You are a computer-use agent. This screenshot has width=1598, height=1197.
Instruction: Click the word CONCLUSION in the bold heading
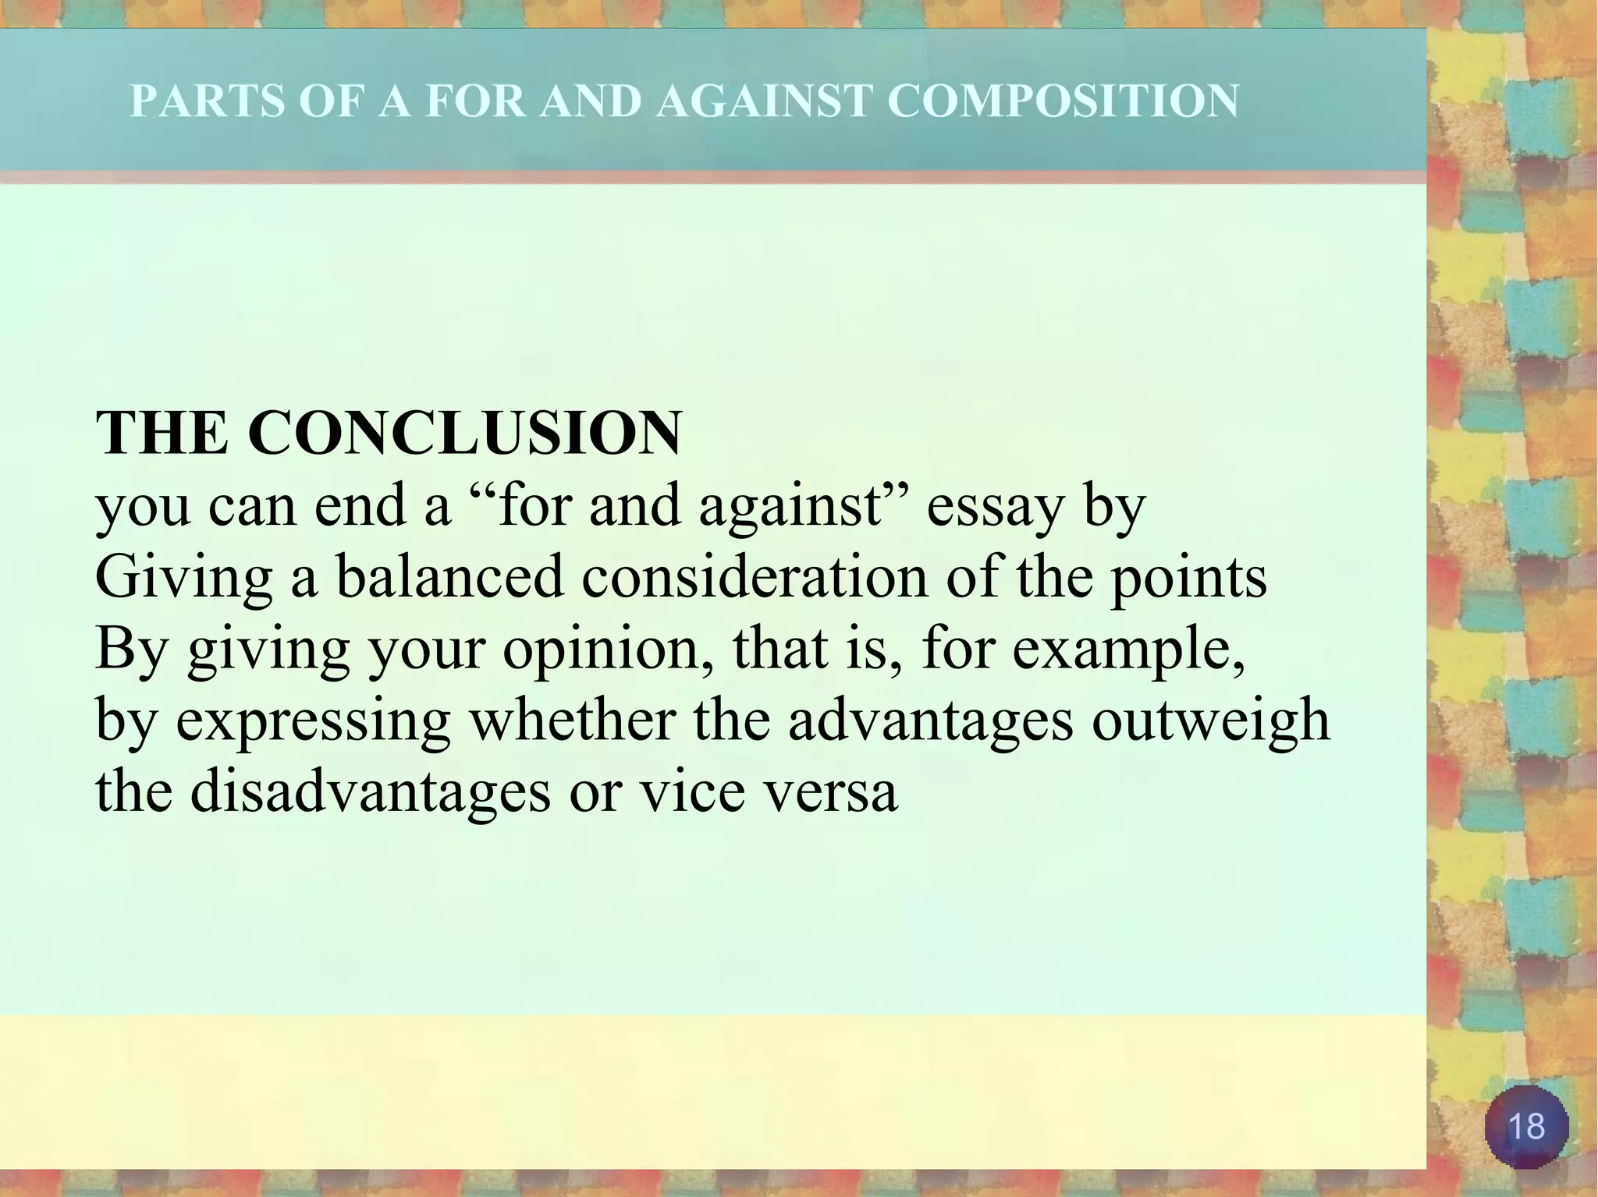(x=465, y=433)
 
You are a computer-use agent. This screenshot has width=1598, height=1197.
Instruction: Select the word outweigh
(x=1210, y=721)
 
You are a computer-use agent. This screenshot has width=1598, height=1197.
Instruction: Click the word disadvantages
(x=370, y=793)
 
